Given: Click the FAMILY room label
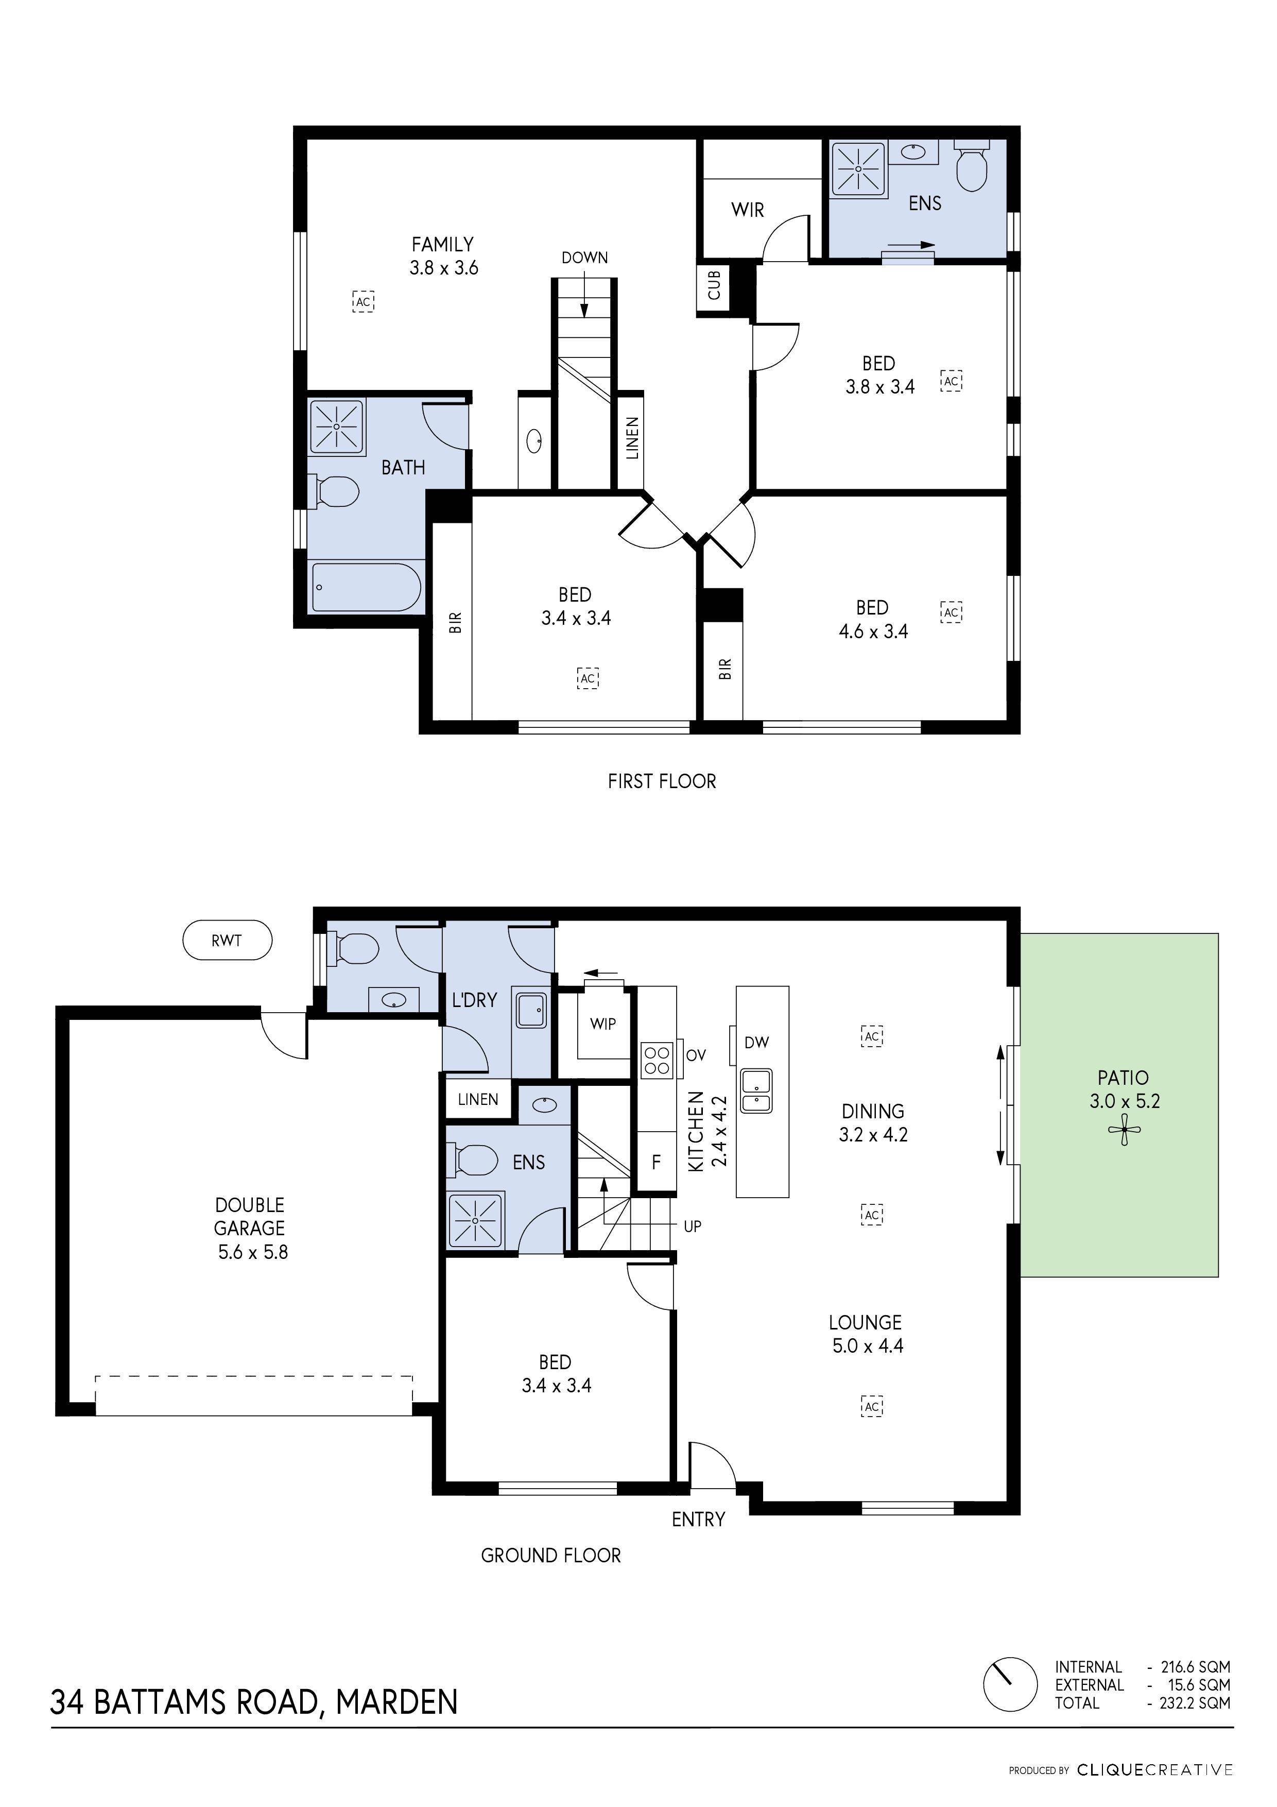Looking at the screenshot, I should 442,245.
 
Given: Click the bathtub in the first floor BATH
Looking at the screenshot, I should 366,587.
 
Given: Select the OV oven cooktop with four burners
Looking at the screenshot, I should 657,1060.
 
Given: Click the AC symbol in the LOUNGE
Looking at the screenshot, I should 872,1406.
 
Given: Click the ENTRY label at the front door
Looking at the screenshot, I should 698,1520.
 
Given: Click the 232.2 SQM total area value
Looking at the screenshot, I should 1194,1702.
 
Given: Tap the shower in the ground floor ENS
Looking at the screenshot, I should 475,1220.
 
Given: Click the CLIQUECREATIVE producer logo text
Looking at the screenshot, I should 1154,1770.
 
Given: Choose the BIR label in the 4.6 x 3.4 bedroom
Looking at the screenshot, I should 724,669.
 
